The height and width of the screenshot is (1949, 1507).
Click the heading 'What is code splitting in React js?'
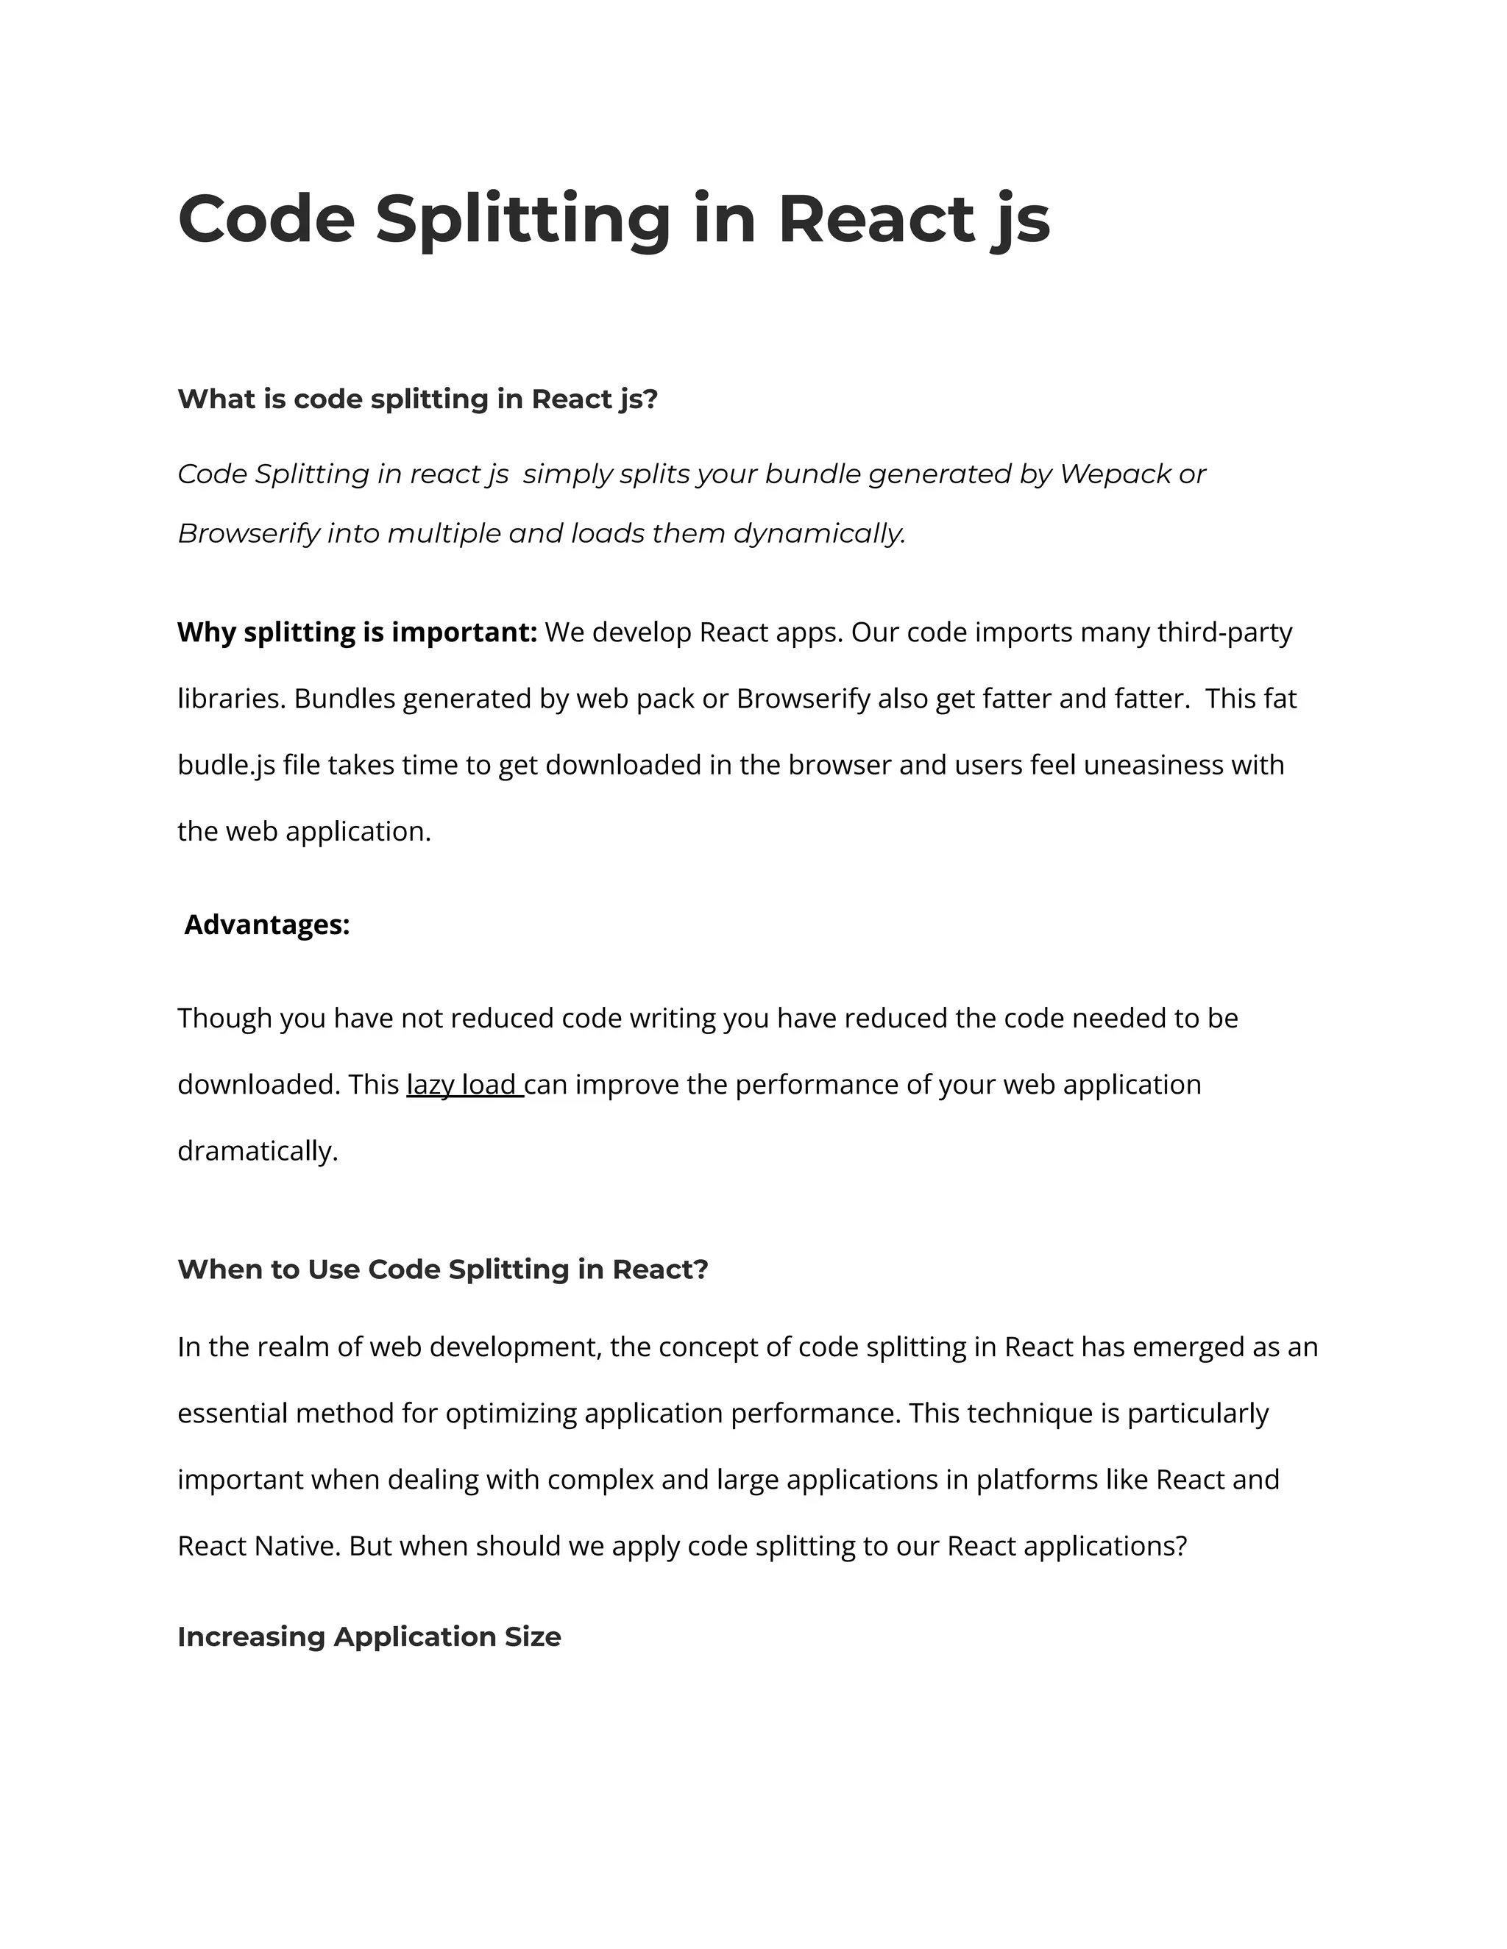coord(417,399)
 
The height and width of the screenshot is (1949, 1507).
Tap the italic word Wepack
coord(1114,474)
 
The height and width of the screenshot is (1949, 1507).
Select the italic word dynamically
coord(818,534)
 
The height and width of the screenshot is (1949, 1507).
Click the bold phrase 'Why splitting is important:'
coord(357,633)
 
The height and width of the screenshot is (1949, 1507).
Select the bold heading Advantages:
coord(267,924)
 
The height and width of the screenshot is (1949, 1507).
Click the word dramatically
coord(257,1151)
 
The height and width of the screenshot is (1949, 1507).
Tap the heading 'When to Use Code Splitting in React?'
coord(442,1269)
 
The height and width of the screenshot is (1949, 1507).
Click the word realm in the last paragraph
coord(293,1347)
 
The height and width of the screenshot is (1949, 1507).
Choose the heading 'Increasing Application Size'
coord(369,1636)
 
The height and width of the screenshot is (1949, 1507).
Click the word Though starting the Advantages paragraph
coord(225,1018)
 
